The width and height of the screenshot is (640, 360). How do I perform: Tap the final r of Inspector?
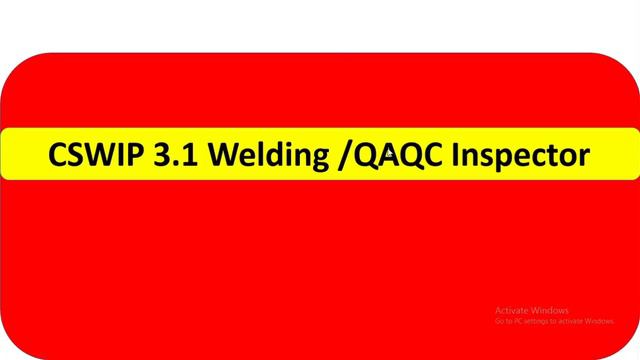click(x=584, y=158)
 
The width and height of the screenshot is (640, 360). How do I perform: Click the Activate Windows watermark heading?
click(x=532, y=309)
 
